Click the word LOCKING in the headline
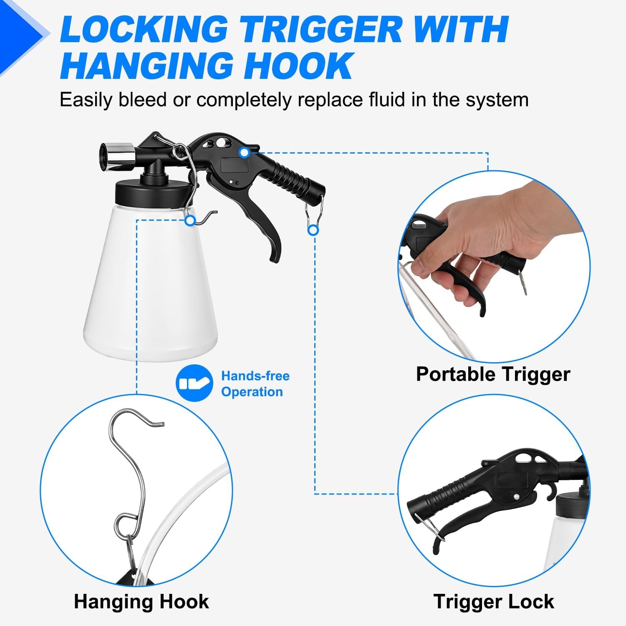tap(144, 29)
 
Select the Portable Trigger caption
tap(493, 374)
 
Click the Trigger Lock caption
tap(494, 601)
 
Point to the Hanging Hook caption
tap(141, 601)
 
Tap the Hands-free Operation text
tap(255, 384)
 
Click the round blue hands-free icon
tap(194, 383)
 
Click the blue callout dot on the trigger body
tap(245, 152)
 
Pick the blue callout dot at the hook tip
tap(190, 220)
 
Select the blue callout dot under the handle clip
tap(313, 230)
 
